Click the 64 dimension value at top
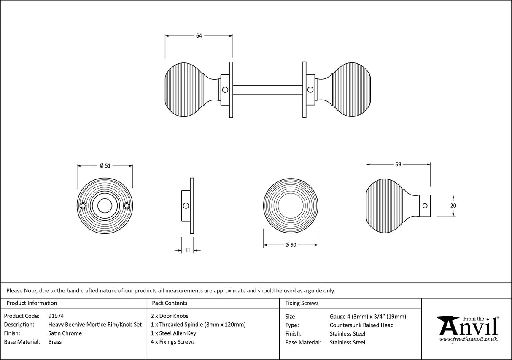(x=199, y=36)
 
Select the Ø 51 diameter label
(x=105, y=165)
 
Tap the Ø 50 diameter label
(x=291, y=245)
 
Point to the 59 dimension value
(x=398, y=165)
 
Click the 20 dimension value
(x=453, y=206)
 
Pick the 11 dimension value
(x=188, y=250)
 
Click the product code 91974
(x=56, y=316)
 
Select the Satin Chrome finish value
(x=65, y=333)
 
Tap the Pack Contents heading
(x=170, y=303)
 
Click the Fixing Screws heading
(x=302, y=303)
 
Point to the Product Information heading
(x=32, y=303)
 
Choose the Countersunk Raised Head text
(x=361, y=325)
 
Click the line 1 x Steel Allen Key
(x=173, y=333)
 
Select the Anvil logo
(x=467, y=326)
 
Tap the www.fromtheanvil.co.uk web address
(x=468, y=339)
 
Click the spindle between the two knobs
(x=267, y=89)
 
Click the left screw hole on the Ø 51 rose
(x=84, y=206)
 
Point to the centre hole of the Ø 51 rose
(x=105, y=206)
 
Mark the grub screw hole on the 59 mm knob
(x=425, y=206)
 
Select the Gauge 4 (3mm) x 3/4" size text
(x=368, y=316)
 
